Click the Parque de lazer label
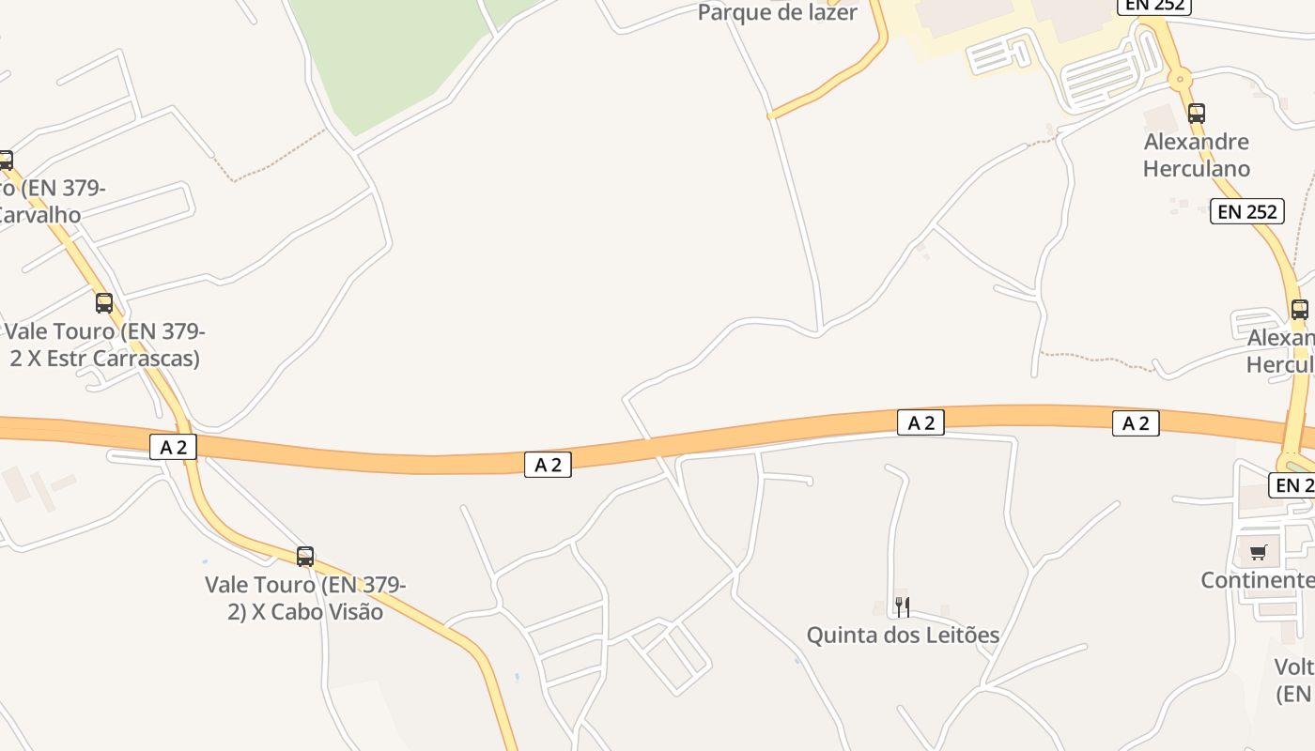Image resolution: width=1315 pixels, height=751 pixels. [778, 13]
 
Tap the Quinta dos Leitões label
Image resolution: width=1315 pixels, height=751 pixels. [903, 636]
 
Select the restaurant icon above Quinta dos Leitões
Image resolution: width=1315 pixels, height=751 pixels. [903, 607]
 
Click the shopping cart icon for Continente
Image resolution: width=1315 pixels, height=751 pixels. [1258, 552]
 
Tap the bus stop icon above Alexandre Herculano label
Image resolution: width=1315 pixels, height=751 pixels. [1196, 114]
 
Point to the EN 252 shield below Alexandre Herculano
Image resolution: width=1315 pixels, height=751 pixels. [1246, 212]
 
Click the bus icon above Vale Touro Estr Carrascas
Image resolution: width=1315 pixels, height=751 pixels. [104, 303]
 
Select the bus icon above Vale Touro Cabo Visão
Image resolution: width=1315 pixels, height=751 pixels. [305, 557]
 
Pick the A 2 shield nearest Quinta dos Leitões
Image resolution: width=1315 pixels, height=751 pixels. [920, 422]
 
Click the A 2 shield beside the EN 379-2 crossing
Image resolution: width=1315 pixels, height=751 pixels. [173, 447]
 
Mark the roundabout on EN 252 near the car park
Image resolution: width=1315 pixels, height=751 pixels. [1180, 79]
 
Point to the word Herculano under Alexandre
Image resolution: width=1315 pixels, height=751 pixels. [1197, 169]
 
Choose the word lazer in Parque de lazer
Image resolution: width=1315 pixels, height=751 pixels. [827, 13]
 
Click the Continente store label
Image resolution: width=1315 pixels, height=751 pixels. [1257, 580]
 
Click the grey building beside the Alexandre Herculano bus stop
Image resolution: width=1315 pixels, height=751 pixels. [1161, 119]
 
